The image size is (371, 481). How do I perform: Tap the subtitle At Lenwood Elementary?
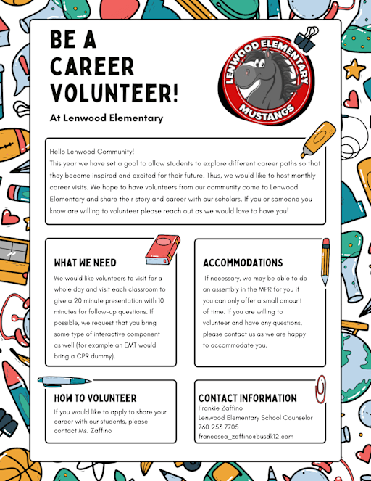click(x=107, y=118)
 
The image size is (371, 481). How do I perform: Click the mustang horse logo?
click(x=268, y=73)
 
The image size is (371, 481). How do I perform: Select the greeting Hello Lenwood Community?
click(x=92, y=152)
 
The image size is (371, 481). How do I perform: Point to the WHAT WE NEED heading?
click(x=86, y=263)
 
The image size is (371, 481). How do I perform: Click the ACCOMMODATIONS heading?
click(x=243, y=263)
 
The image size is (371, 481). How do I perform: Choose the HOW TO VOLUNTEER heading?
click(x=95, y=398)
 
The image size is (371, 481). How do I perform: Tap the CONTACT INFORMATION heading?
click(x=248, y=398)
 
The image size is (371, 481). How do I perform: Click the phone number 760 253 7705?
click(x=218, y=427)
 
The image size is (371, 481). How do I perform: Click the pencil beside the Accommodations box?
click(x=325, y=262)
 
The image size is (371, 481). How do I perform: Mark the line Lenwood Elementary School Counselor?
click(x=255, y=417)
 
